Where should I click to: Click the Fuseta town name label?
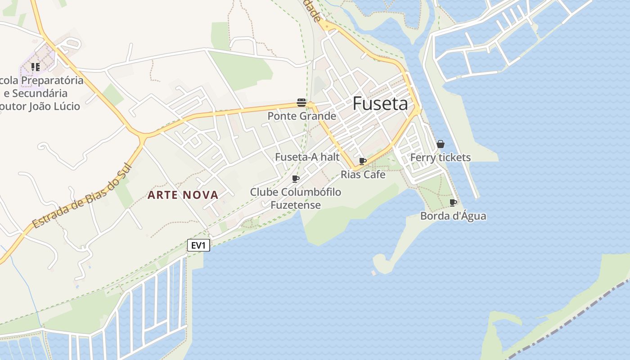(380, 103)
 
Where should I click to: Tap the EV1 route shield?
(198, 245)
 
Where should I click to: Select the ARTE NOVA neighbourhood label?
(183, 195)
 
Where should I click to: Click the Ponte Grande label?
(302, 116)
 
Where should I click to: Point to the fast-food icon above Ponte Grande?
(301, 103)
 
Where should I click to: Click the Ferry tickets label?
(441, 157)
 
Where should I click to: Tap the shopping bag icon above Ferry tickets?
(441, 144)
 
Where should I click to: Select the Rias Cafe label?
(363, 174)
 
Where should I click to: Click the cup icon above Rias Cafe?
(363, 161)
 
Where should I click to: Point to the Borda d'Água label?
(453, 216)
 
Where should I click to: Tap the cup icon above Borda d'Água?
(453, 202)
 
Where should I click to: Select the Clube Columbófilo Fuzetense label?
(296, 198)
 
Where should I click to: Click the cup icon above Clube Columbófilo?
(296, 179)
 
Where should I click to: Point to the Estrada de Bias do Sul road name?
(81, 195)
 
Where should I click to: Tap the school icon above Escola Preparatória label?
(35, 67)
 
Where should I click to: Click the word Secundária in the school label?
(40, 94)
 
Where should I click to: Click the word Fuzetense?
(296, 205)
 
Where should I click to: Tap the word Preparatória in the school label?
(53, 81)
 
